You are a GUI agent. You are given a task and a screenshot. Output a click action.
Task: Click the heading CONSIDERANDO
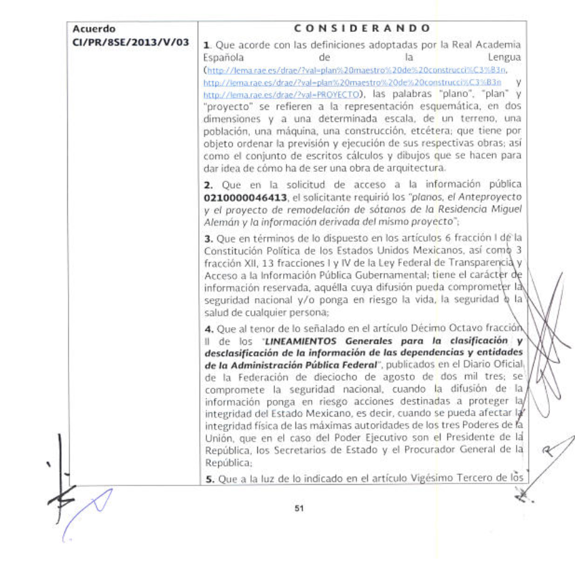coord(363,29)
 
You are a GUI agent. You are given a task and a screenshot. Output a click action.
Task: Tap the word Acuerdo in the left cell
coord(93,29)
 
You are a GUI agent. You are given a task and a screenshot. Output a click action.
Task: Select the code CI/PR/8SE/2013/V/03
coord(131,43)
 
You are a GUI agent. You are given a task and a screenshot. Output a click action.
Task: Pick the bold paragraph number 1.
coord(206,45)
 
